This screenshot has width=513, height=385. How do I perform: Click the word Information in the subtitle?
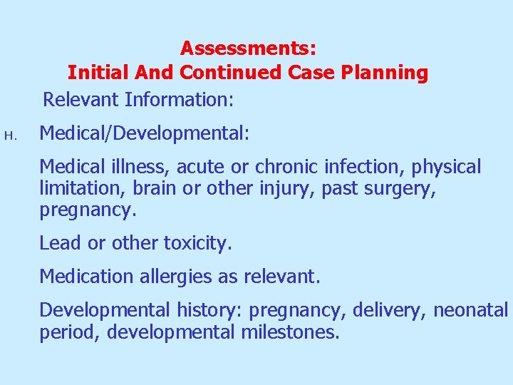pos(179,99)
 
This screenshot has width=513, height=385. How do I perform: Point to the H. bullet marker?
pos(9,134)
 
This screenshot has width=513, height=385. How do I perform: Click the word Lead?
pos(60,243)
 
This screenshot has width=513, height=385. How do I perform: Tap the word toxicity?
pos(198,243)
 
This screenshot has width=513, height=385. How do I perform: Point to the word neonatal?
pos(470,310)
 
